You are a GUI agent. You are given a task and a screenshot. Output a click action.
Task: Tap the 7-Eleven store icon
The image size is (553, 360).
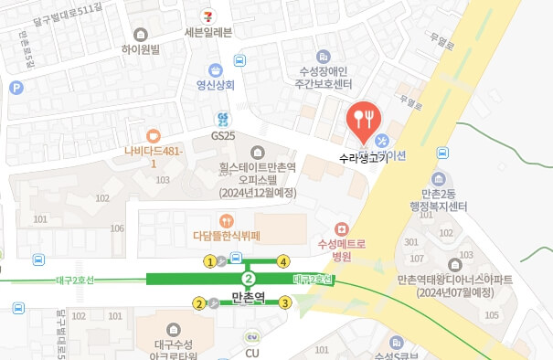(x=209, y=16)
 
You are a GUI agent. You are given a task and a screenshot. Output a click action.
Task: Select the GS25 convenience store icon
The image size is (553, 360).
(x=221, y=118)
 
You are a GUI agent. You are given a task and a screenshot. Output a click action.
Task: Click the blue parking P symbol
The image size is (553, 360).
(x=15, y=88)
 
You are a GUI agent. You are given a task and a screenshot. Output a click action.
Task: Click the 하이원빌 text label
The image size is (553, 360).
(x=140, y=50)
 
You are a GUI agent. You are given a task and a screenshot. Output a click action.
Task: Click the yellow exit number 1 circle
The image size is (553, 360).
(x=210, y=261)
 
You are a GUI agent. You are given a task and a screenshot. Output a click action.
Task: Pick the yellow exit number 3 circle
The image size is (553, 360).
(x=285, y=302)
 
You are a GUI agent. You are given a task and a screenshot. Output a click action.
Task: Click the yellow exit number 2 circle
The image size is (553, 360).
(x=199, y=303)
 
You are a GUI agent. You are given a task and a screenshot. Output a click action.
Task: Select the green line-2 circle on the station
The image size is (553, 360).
(x=247, y=278)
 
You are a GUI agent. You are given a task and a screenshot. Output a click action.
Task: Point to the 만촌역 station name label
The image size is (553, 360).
(x=248, y=298)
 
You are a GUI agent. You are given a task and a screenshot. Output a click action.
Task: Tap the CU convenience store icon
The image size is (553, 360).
(x=253, y=338)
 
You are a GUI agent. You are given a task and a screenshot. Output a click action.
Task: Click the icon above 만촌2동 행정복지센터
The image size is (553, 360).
(x=440, y=178)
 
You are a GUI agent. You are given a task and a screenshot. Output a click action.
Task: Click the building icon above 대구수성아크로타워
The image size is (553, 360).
(x=173, y=329)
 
